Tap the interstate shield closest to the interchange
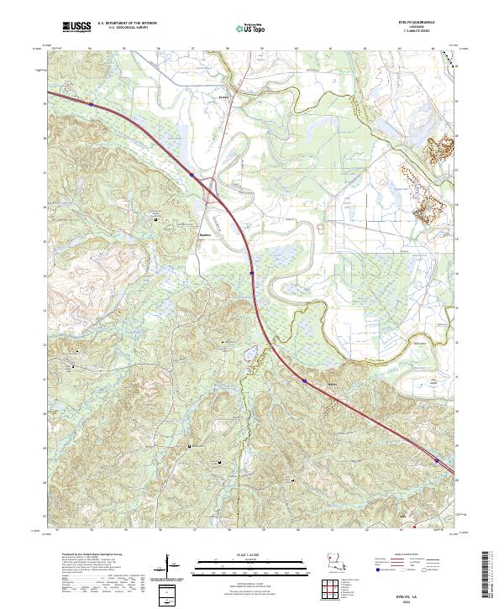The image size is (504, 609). click(x=192, y=176)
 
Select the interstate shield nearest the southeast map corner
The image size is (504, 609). click(x=437, y=459)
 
